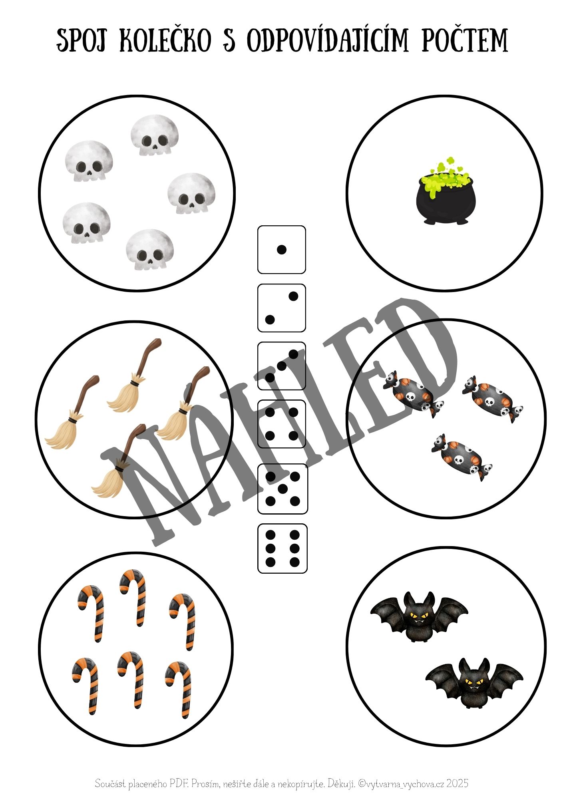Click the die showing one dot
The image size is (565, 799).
point(281,250)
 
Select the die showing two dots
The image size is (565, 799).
point(281,308)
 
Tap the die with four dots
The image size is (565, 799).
point(281,424)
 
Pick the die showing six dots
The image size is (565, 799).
point(282,548)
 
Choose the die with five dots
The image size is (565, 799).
point(282,489)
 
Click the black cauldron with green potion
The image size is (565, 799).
point(446,191)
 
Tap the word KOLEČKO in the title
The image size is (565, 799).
point(165,41)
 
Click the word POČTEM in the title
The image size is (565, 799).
point(465,41)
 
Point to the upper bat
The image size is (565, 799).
point(419,616)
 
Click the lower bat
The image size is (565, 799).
point(474,683)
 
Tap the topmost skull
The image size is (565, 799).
point(155,135)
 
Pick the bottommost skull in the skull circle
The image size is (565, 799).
point(150,249)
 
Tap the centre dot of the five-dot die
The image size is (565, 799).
point(283,489)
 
